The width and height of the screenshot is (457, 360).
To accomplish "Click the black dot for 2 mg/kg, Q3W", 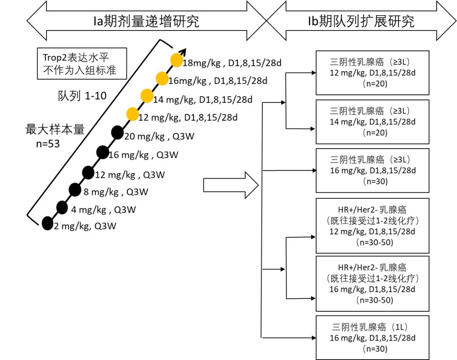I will click(47, 223).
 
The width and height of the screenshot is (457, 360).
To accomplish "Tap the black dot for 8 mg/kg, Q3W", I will click(75, 190).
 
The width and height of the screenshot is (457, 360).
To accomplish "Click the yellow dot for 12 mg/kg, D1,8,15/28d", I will click(132, 114).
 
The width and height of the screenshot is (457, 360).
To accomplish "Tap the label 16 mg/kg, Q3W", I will click(143, 155).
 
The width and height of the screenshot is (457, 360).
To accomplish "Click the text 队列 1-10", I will click(82, 96).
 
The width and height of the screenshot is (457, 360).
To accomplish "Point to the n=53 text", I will click(48, 144).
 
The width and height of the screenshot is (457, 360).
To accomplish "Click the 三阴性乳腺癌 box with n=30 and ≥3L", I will click(372, 170).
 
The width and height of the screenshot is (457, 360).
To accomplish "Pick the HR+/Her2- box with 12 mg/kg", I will click(372, 225).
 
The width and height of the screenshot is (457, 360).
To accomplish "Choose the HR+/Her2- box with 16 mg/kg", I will click(372, 283).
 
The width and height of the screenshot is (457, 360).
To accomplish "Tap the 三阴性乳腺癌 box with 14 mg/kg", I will click(372, 122).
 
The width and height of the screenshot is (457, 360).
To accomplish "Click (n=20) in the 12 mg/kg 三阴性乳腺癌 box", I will click(372, 84).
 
